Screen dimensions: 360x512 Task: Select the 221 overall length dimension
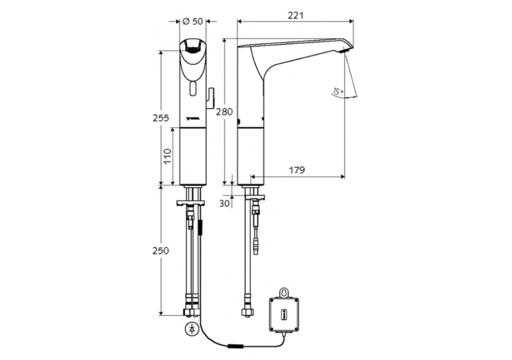point(296,15)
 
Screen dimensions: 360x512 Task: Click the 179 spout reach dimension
point(296,170)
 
